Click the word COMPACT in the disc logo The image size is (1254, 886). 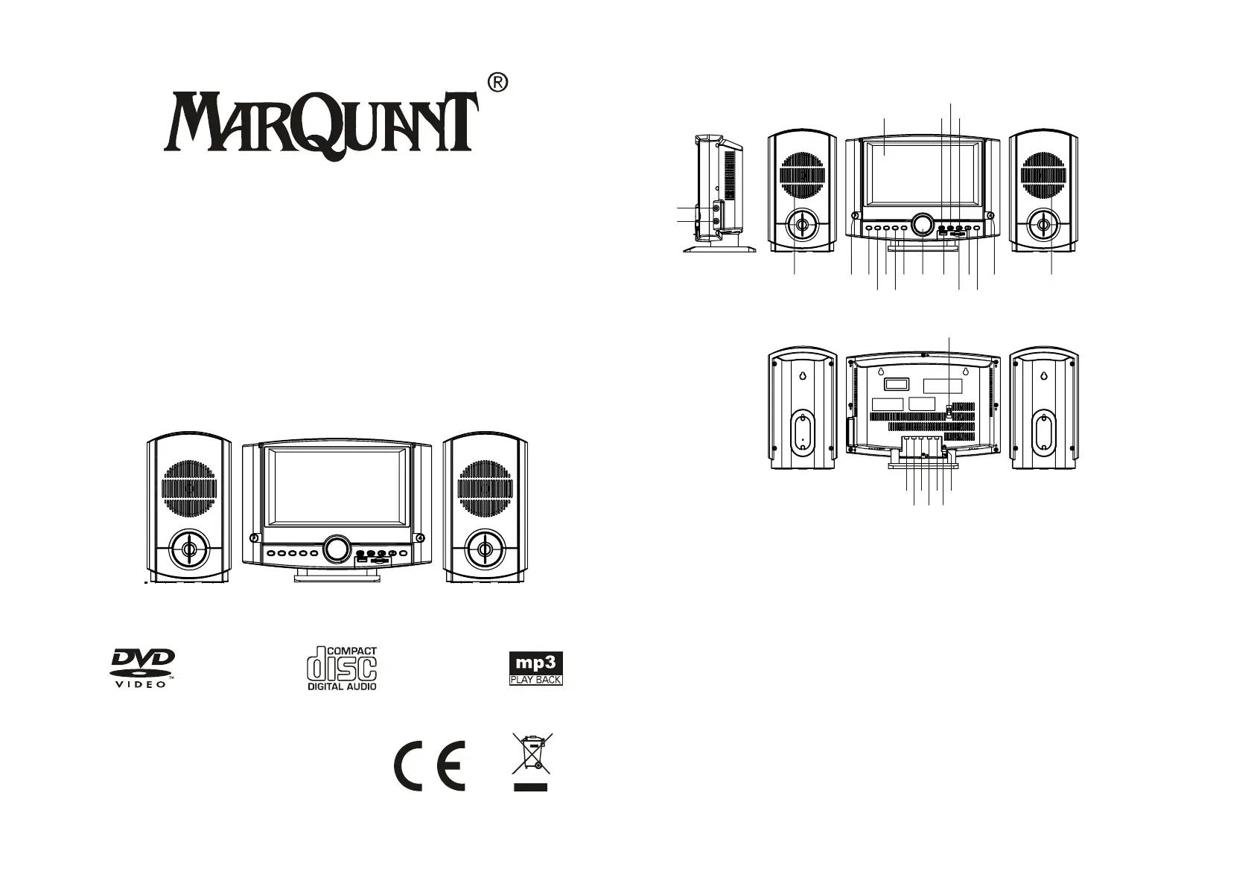pyautogui.click(x=352, y=651)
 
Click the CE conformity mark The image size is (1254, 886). pyautogui.click(x=430, y=767)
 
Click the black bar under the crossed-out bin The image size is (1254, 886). pyautogui.click(x=530, y=786)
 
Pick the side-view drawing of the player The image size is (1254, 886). pyautogui.click(x=716, y=194)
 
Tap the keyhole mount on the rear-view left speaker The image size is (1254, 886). pyautogui.click(x=803, y=376)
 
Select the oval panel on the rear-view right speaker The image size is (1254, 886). pyautogui.click(x=1043, y=431)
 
